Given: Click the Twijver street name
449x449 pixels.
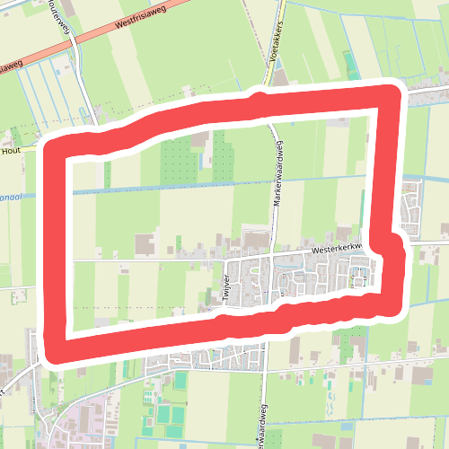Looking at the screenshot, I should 223,289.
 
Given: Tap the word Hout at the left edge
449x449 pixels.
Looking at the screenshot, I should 10,152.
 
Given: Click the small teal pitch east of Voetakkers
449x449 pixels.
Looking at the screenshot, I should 349,63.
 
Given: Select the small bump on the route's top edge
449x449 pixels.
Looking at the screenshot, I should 260,94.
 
